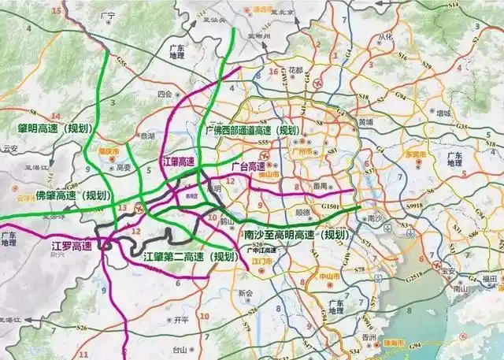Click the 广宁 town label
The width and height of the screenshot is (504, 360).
pos(109,15)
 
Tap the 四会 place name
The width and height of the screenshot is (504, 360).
pos(165,93)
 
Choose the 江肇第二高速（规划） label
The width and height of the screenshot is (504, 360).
pos(190,258)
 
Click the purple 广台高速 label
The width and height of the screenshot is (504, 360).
pos(248,167)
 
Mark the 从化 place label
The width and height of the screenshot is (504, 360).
pos(384,37)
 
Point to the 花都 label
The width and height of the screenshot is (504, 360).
pos(296,70)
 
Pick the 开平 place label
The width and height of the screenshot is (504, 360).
pos(181,320)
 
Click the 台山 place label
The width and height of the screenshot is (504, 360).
pos(179,349)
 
